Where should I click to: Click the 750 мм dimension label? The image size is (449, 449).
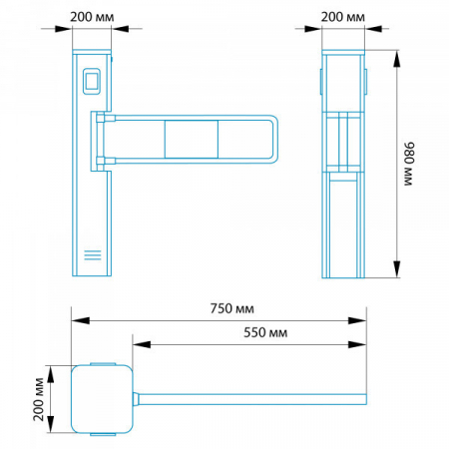click(x=231, y=308)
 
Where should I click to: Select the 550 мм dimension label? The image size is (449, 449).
click(x=265, y=332)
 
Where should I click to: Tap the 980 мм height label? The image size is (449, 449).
click(x=409, y=164)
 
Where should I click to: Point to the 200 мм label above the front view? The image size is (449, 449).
click(x=92, y=17)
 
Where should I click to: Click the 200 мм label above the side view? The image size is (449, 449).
click(x=342, y=17)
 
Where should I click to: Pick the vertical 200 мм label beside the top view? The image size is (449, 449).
click(x=39, y=399)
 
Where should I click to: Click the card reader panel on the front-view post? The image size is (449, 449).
click(x=91, y=81)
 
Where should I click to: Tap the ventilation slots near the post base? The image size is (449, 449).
click(x=93, y=254)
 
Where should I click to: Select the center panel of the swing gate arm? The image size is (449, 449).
click(x=192, y=139)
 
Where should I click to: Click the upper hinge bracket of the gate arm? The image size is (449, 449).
click(x=105, y=118)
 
